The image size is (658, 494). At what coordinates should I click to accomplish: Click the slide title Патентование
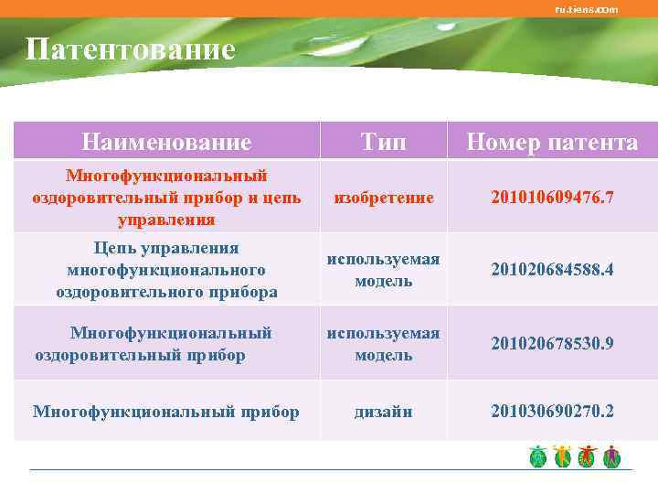[130, 48]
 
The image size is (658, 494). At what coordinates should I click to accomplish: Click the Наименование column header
[165, 142]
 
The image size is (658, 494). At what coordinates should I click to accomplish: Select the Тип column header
[384, 142]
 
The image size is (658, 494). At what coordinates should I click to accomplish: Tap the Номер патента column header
[552, 142]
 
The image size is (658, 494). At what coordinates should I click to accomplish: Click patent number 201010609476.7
[552, 197]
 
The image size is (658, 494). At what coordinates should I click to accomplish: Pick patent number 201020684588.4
[552, 269]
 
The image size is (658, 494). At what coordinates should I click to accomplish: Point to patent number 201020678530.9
[552, 343]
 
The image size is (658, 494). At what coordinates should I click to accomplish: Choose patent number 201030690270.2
[552, 411]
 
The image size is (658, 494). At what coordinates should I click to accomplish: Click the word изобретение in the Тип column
[384, 197]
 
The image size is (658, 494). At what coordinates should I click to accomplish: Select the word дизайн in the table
[384, 412]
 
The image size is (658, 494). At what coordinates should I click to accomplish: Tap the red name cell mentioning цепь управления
[165, 197]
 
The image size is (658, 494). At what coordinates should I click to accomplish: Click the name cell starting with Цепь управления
[165, 269]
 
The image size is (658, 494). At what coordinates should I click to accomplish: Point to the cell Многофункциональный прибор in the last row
[165, 412]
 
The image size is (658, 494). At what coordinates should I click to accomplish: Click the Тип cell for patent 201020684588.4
[384, 270]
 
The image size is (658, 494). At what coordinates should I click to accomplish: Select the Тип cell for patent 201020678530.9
[384, 344]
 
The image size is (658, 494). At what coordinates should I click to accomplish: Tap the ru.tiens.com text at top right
[586, 9]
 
